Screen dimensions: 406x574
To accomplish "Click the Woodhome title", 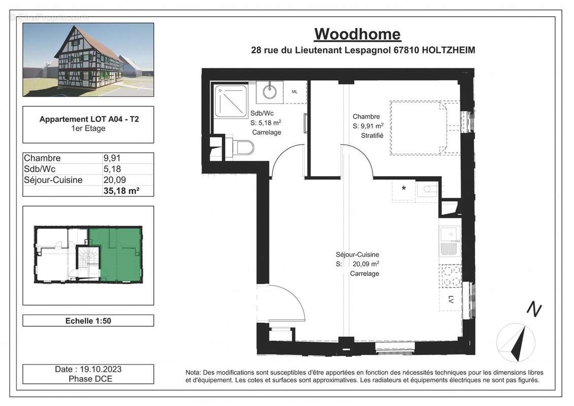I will tap(357, 34).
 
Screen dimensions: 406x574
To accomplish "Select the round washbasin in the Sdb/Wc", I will tap(269, 92).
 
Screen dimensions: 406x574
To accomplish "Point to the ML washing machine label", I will tap(295, 92).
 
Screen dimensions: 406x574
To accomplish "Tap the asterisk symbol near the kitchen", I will tap(404, 189).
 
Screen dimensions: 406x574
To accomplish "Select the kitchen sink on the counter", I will tap(449, 235).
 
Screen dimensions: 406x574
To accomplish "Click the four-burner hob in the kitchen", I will tap(450, 277).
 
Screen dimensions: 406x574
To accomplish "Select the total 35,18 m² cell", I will tap(121, 191).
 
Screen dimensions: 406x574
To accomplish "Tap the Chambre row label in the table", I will tap(43, 158).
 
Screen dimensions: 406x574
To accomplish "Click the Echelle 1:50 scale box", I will tap(88, 321).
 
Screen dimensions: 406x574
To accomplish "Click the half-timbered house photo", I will tap(88, 59).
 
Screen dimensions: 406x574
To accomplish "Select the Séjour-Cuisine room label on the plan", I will tap(357, 255).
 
